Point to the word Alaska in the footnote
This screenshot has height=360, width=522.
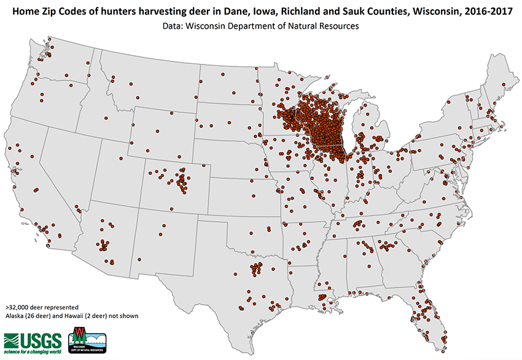[15, 315]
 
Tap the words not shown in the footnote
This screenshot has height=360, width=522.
[123, 315]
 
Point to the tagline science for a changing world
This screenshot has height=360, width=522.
[33, 351]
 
